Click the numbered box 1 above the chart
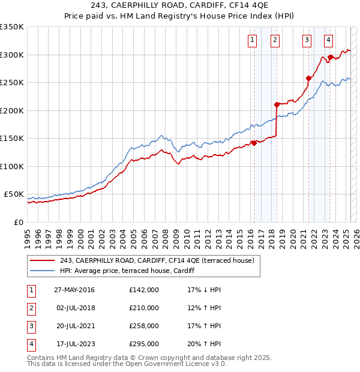[x=251, y=40]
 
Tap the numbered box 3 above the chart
[x=307, y=40]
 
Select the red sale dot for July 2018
[x=277, y=104]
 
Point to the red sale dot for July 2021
[x=308, y=78]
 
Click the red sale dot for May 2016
[x=254, y=143]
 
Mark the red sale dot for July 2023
[x=330, y=57]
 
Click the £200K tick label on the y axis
[x=11, y=110]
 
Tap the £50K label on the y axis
[x=14, y=194]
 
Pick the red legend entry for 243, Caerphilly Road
[x=157, y=260]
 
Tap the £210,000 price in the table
[x=144, y=308]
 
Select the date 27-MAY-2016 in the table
[x=74, y=290]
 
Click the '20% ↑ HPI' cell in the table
[x=204, y=344]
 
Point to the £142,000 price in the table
[x=144, y=290]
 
